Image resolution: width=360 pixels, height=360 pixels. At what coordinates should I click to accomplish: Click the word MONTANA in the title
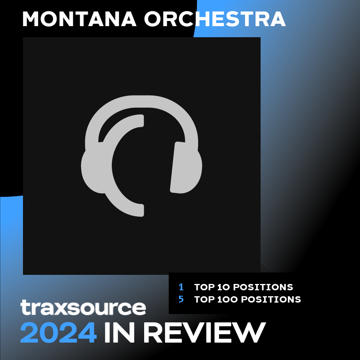[x=79, y=19]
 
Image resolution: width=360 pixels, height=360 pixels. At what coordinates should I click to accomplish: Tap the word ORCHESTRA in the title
[x=215, y=19]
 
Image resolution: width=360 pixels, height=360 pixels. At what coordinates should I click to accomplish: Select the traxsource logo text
[x=83, y=307]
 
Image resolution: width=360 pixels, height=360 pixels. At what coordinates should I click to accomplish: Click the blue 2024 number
[x=58, y=332]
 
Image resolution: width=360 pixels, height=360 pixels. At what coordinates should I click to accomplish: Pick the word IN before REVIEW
[x=119, y=332]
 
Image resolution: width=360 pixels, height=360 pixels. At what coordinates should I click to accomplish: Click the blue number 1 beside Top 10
[x=181, y=287]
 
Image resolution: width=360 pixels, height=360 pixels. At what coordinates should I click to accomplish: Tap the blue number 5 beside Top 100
[x=181, y=299]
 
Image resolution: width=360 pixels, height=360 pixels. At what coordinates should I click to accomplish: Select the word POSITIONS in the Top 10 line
[x=263, y=287]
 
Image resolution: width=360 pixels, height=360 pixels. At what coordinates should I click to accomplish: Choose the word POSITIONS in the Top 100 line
[x=271, y=299]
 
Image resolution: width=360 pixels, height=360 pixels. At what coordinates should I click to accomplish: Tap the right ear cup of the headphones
[x=187, y=168]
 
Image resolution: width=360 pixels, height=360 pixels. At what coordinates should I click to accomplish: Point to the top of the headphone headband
[x=142, y=101]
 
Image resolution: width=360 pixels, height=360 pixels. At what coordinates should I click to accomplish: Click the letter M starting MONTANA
[x=30, y=19]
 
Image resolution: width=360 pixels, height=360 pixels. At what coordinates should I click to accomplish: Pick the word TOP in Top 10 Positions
[x=204, y=287]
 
